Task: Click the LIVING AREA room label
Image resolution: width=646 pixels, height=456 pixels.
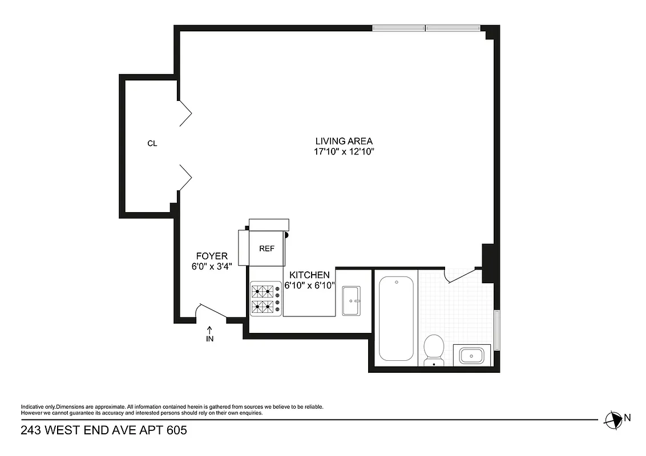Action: click(x=344, y=141)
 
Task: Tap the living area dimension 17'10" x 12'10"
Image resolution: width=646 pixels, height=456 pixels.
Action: click(x=344, y=152)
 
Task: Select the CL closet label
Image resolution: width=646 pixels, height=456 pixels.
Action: click(x=152, y=144)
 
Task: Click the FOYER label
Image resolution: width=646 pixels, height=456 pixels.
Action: click(x=212, y=256)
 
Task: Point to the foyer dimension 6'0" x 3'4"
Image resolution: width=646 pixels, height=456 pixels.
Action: click(x=212, y=266)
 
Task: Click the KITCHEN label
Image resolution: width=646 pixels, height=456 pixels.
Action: click(x=309, y=275)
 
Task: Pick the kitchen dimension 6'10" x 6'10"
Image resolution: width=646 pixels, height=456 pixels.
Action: click(x=309, y=286)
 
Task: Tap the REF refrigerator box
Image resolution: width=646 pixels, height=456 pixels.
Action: click(x=267, y=249)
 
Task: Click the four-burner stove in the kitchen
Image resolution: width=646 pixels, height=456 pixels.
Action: click(x=266, y=299)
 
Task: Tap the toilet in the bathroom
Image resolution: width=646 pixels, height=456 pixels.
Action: click(x=434, y=349)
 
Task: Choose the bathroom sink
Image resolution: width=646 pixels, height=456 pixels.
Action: click(x=471, y=356)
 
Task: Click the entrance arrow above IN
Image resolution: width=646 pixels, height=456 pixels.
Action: click(x=209, y=329)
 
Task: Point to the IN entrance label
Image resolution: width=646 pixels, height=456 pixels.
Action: click(x=209, y=339)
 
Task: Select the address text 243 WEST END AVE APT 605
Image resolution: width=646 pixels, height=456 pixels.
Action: click(x=104, y=430)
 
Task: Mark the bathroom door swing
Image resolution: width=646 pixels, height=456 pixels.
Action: click(x=462, y=275)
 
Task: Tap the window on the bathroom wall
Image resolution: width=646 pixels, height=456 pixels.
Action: click(x=497, y=330)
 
